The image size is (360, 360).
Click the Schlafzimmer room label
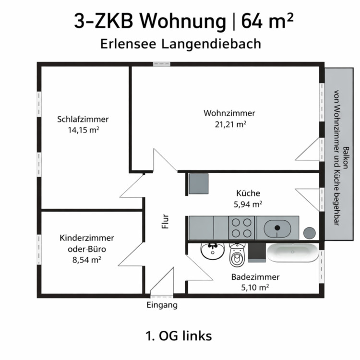83,119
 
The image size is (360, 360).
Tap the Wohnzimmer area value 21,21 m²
230,124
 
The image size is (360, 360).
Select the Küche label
248,193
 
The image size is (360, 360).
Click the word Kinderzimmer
87,238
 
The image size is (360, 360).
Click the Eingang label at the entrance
162,305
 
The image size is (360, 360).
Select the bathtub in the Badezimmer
292,252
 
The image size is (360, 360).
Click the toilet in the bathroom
237,256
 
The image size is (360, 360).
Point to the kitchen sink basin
278,228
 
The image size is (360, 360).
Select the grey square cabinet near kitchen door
198,183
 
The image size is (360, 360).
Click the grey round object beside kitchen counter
309,233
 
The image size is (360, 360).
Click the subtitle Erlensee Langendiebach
181,44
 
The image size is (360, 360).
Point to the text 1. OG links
178,335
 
